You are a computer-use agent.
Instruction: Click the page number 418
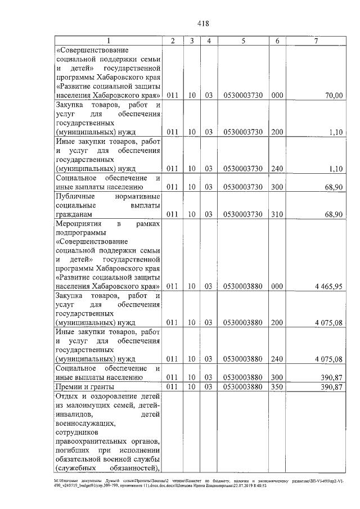(203, 24)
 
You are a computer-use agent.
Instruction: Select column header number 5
(242, 41)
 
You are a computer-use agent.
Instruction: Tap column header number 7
(316, 41)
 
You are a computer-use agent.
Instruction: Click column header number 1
(109, 41)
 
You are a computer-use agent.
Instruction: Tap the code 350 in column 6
(277, 388)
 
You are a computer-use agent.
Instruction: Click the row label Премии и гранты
(84, 388)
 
